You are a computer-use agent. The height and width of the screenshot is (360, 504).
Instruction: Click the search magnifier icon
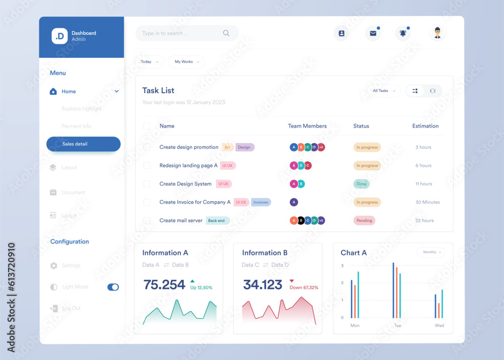tap(226, 33)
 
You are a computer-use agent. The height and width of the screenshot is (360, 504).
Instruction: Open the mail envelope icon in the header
tap(373, 33)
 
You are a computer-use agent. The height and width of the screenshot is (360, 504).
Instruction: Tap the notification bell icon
tap(403, 33)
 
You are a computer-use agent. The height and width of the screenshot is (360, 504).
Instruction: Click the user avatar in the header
tap(437, 33)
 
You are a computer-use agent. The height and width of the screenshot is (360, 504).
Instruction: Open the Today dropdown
tap(149, 62)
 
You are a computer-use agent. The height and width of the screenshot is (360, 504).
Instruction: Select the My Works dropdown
tap(186, 62)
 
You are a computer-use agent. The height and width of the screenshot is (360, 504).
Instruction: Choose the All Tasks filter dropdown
tap(384, 91)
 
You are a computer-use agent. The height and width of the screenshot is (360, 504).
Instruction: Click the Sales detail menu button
tap(83, 144)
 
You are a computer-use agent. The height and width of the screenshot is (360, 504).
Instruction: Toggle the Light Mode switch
tap(113, 287)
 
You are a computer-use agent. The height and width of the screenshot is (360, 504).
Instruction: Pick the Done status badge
tap(362, 184)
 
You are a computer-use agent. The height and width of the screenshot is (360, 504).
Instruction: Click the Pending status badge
tap(364, 220)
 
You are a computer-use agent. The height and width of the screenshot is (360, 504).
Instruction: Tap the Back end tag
tap(217, 220)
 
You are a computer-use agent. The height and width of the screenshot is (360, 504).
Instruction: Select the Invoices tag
tap(261, 202)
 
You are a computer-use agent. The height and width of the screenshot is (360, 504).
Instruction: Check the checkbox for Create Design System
tap(147, 184)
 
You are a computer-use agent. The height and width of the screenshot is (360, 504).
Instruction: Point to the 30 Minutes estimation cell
tap(427, 202)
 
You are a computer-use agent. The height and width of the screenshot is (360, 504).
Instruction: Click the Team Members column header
tap(307, 126)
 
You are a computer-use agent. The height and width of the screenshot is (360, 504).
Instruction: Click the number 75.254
tap(164, 285)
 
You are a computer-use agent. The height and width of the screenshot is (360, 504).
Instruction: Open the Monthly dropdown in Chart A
tap(431, 252)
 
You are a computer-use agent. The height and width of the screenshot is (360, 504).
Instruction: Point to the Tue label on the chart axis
tap(397, 326)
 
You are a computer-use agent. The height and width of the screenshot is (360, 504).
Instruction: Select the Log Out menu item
tap(71, 308)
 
